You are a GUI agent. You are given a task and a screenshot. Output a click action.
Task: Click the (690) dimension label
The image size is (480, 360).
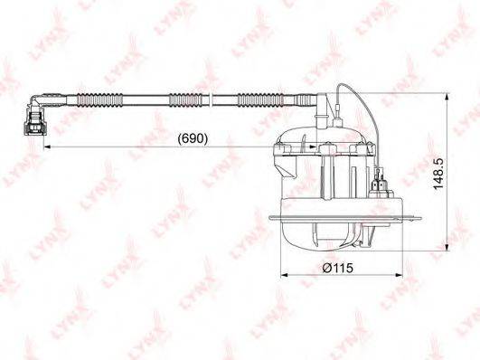193,138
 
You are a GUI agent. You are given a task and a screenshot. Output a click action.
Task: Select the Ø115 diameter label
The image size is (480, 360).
337,268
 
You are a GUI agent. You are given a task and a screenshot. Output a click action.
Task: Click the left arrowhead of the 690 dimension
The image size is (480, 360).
48,147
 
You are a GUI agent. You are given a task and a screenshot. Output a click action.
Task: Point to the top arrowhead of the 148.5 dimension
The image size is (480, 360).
447,97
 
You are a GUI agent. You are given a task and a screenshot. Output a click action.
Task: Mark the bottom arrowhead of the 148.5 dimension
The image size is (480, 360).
447,247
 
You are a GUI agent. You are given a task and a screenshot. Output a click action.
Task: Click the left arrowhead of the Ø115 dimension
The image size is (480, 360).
285,275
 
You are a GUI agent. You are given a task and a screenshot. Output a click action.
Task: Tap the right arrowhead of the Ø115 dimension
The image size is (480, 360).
399,275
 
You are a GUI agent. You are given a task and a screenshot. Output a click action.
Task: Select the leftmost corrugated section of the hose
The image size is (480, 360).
99,99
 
